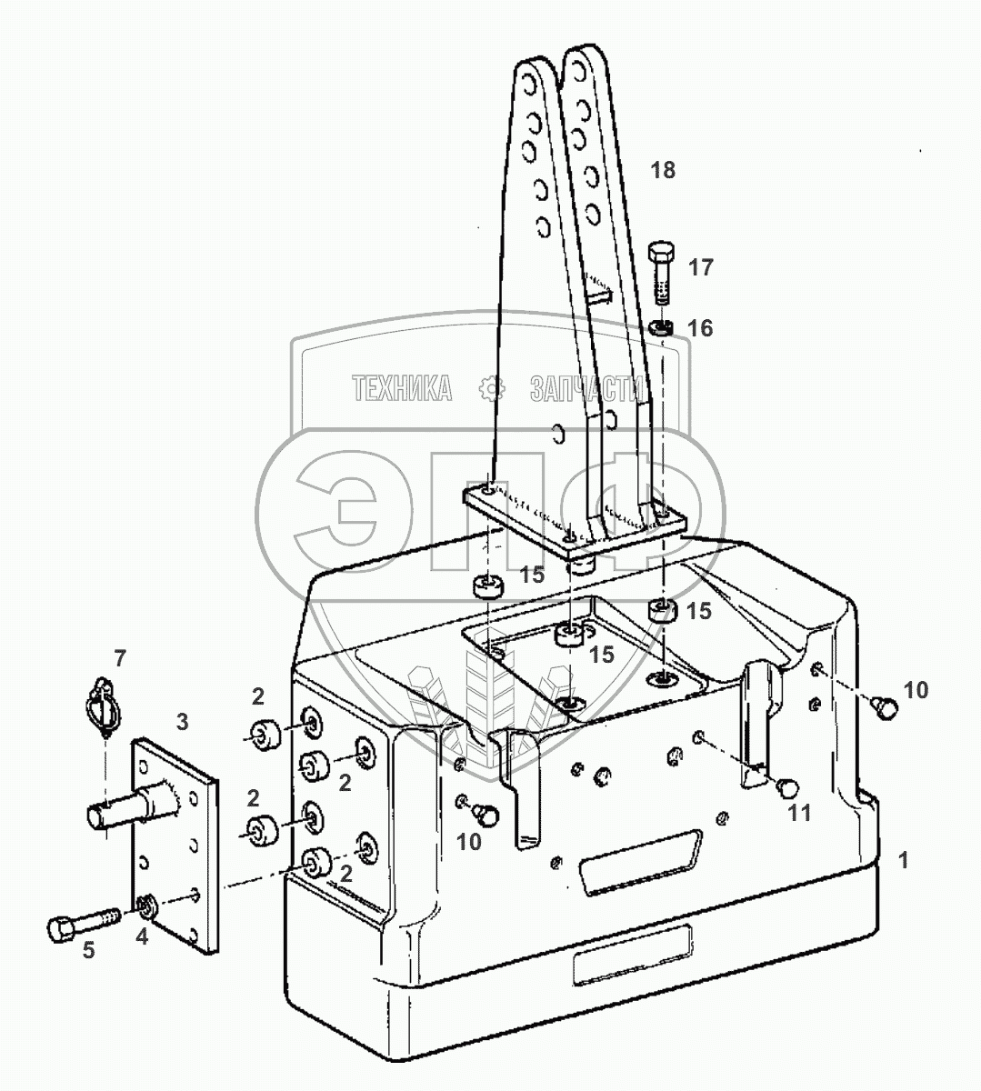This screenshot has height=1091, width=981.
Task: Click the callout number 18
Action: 663,170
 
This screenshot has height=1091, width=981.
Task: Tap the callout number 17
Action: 700,267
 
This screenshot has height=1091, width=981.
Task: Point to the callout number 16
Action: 700,328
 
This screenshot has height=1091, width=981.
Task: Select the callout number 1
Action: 903,859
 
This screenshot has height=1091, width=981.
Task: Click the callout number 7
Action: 120,656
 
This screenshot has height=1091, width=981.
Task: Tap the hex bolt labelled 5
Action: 76,923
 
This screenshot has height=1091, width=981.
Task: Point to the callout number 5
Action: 88,950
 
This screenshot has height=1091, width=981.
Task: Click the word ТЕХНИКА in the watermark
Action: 402,390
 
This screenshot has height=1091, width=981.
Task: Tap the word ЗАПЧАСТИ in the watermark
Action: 586,390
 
